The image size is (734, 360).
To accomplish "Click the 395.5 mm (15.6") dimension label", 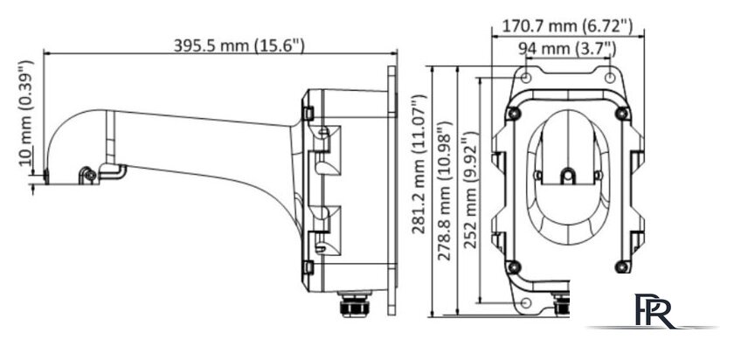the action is tap(239, 45).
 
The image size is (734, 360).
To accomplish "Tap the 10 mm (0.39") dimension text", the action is tap(27, 114).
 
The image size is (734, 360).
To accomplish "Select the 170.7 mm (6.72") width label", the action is tap(567, 26).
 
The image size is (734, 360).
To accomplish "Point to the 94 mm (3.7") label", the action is tap(567, 48).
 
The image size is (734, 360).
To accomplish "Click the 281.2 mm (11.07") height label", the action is tap(419, 164).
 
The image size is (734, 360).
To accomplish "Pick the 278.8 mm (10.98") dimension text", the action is tap(444, 190).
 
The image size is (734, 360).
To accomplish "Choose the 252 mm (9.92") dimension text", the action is tap(469, 190).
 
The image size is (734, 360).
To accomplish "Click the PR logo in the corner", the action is tap(653, 311).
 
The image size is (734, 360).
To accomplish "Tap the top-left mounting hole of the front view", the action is tap(526, 78).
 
